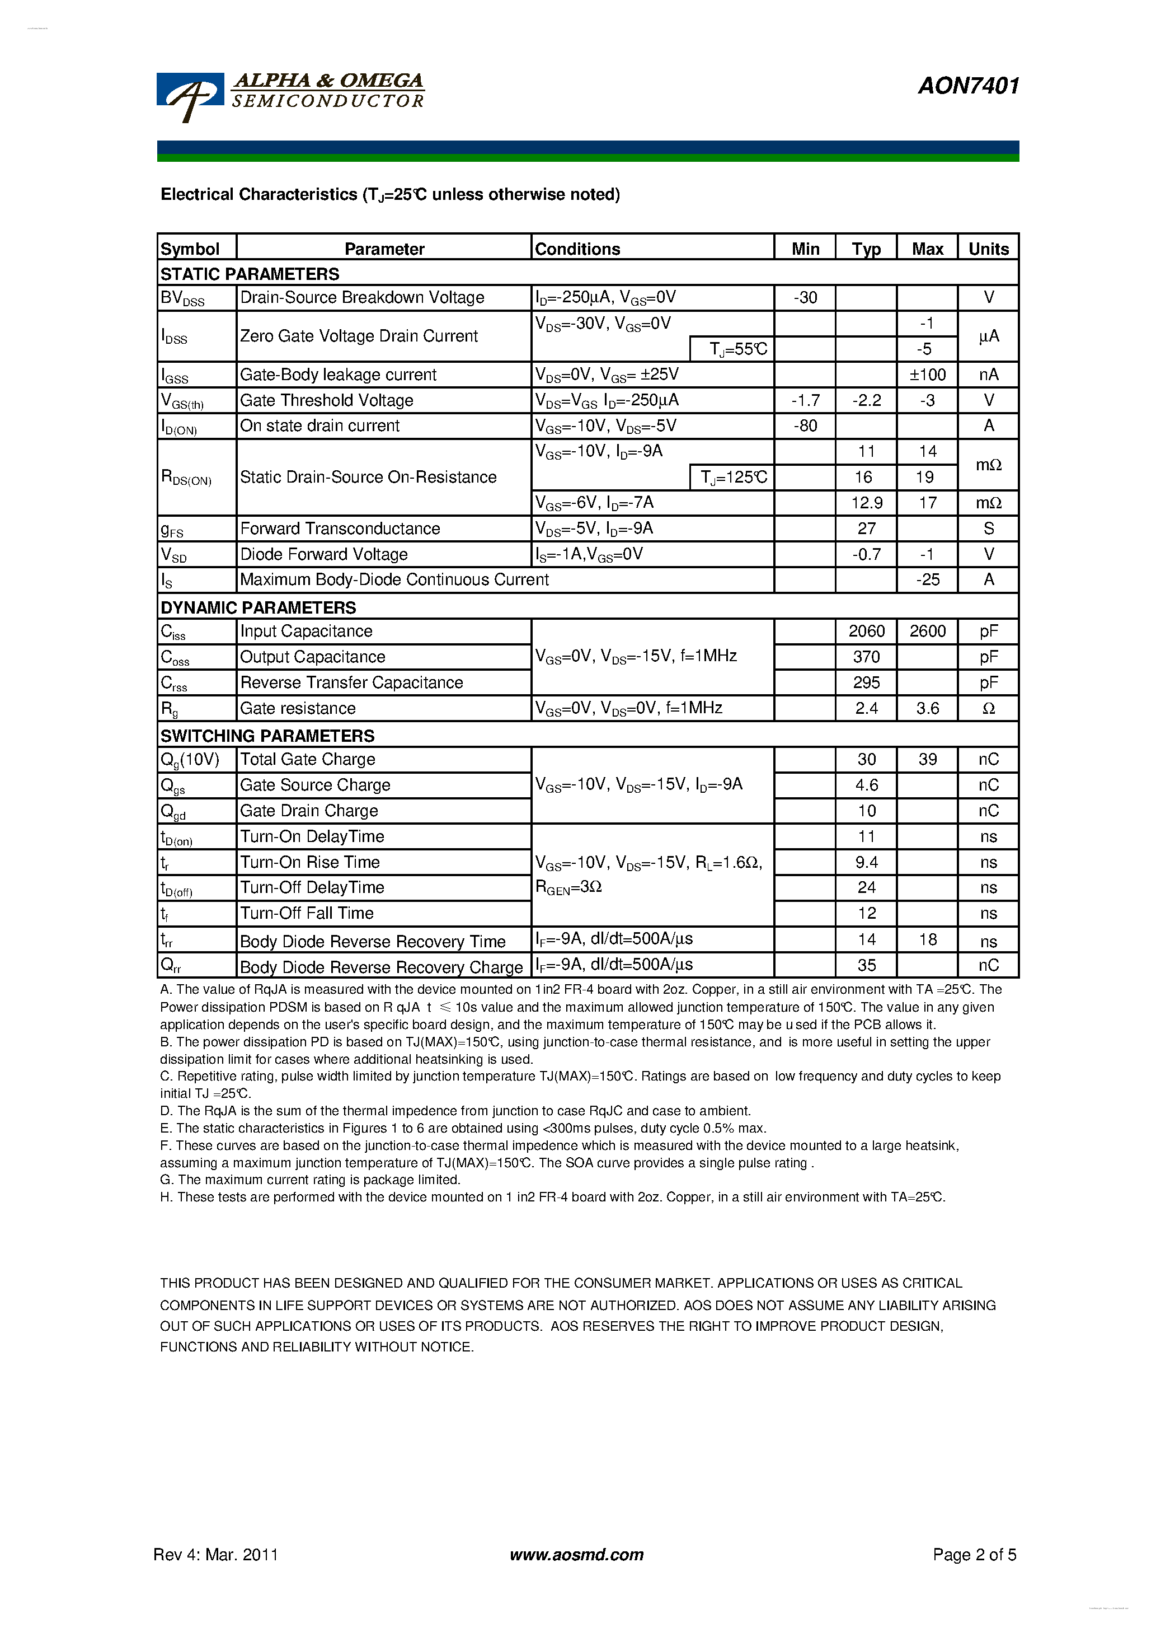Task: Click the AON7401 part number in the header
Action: pyautogui.click(x=968, y=86)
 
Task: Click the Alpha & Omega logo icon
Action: pyautogui.click(x=189, y=97)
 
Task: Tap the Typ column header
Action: pyautogui.click(x=866, y=249)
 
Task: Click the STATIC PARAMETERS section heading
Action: pyautogui.click(x=250, y=274)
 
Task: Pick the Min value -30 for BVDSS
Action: pyautogui.click(x=805, y=297)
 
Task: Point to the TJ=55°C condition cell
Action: pyautogui.click(x=732, y=349)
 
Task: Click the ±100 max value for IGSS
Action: pyautogui.click(x=927, y=375)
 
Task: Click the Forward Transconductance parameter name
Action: pyautogui.click(x=340, y=528)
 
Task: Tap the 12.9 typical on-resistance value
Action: pyautogui.click(x=866, y=503)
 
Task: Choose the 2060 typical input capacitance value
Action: pyautogui.click(x=866, y=632)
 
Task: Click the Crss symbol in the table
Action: pyautogui.click(x=174, y=683)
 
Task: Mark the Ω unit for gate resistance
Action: pyautogui.click(x=988, y=709)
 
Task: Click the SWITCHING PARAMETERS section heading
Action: pyautogui.click(x=267, y=736)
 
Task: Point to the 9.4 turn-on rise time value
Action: pyautogui.click(x=866, y=863)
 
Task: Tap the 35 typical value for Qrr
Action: pyautogui.click(x=866, y=965)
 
